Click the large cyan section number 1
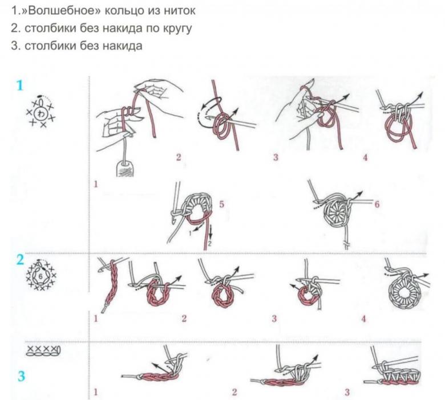pos(19,85)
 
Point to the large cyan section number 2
pos(20,260)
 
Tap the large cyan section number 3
pos(21,376)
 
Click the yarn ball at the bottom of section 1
pos(125,168)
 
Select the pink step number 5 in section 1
pos(221,204)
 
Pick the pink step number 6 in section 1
pos(377,204)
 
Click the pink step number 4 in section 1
pos(365,157)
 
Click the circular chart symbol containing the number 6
pos(41,275)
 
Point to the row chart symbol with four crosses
pos(43,350)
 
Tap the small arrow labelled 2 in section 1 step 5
pos(211,234)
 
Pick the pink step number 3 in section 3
pos(347,393)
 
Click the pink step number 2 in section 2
pos(184,319)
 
